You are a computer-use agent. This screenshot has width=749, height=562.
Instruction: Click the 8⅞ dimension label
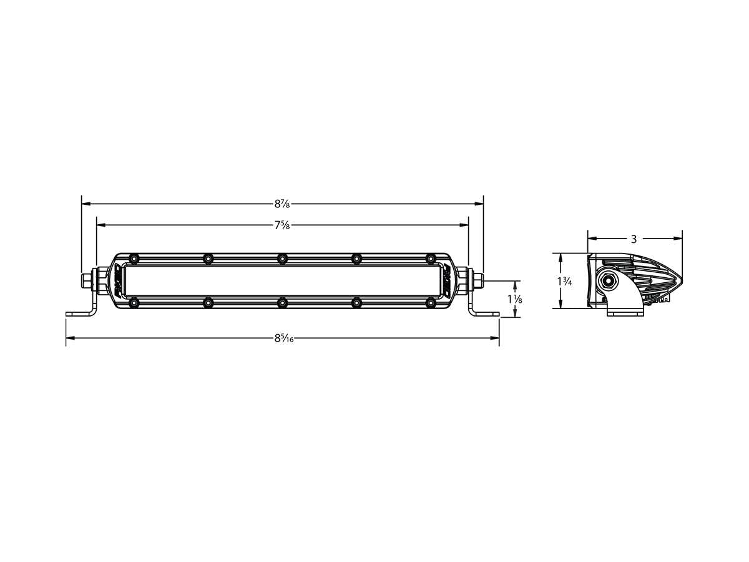pyautogui.click(x=283, y=204)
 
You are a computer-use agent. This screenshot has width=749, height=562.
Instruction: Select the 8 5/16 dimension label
pyautogui.click(x=283, y=338)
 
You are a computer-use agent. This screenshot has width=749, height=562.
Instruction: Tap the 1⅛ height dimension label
pyautogui.click(x=514, y=300)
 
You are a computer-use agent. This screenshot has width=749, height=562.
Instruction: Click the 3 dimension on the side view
pyautogui.click(x=634, y=239)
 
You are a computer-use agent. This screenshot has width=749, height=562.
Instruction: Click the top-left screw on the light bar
pyautogui.click(x=134, y=259)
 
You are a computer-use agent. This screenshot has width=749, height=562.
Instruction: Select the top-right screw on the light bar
pyautogui.click(x=430, y=259)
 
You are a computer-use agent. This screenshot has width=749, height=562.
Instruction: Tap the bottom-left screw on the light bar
pyautogui.click(x=134, y=303)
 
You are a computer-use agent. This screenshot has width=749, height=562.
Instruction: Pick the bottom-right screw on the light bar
pyautogui.click(x=430, y=303)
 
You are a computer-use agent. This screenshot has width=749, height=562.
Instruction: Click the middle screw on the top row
pyautogui.click(x=282, y=259)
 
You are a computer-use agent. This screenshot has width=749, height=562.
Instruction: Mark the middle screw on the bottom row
pyautogui.click(x=282, y=303)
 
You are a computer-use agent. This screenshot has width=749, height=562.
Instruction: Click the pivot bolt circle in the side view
pyautogui.click(x=607, y=282)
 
